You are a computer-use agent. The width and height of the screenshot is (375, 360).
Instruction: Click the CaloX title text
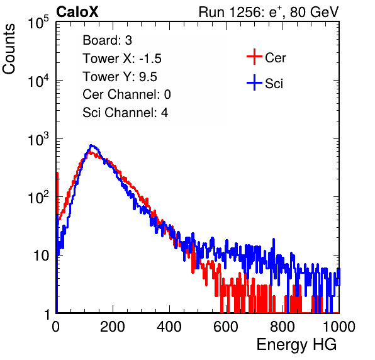[77, 12]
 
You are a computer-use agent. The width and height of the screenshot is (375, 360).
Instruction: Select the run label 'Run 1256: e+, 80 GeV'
[269, 12]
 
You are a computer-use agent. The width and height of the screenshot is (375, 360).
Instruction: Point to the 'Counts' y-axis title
[9, 49]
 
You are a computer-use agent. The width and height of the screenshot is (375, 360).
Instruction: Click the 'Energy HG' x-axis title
[296, 345]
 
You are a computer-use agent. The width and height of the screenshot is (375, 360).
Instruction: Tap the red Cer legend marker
[254, 57]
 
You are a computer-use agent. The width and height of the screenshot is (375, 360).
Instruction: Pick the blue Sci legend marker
[254, 82]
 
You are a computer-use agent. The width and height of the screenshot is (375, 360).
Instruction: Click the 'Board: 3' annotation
[107, 40]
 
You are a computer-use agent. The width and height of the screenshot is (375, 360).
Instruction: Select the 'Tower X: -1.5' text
[122, 59]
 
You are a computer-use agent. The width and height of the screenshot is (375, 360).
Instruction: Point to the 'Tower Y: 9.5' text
[120, 77]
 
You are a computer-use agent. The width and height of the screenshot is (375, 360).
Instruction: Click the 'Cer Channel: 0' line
[126, 94]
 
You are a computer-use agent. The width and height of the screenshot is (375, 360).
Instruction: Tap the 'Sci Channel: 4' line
[125, 113]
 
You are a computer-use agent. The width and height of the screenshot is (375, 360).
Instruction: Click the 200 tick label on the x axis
[113, 327]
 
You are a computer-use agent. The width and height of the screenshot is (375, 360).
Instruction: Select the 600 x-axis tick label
[226, 327]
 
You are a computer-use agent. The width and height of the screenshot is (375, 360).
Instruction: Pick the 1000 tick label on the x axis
[339, 327]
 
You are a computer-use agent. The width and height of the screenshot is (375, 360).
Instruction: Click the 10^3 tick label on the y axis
[38, 139]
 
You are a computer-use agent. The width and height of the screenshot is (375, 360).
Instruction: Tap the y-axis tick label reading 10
[41, 256]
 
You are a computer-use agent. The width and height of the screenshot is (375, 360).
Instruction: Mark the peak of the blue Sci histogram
[91, 145]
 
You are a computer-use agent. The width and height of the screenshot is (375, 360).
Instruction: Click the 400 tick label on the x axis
[169, 327]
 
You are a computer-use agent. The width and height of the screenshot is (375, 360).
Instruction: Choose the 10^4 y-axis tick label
[38, 81]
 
